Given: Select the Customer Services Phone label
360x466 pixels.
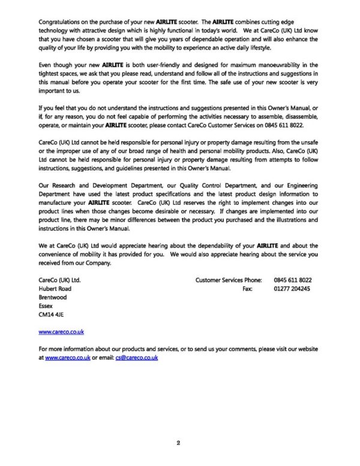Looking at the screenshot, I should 229,280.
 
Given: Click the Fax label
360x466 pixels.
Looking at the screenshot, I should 247,288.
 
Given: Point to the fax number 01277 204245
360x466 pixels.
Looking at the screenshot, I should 292,288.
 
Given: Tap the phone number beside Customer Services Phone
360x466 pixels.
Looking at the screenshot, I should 292,280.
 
